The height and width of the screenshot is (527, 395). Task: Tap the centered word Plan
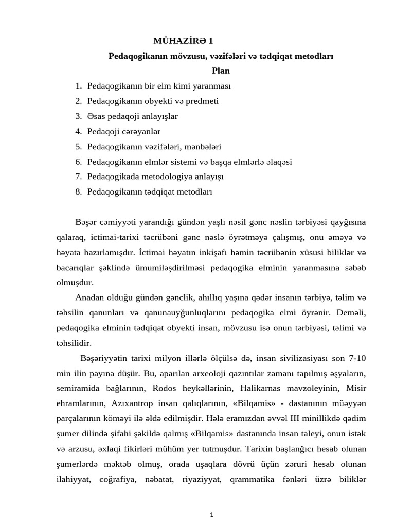(x=221, y=71)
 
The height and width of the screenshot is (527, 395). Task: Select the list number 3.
(x=79, y=116)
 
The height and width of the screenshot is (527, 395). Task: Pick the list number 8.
(x=79, y=191)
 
